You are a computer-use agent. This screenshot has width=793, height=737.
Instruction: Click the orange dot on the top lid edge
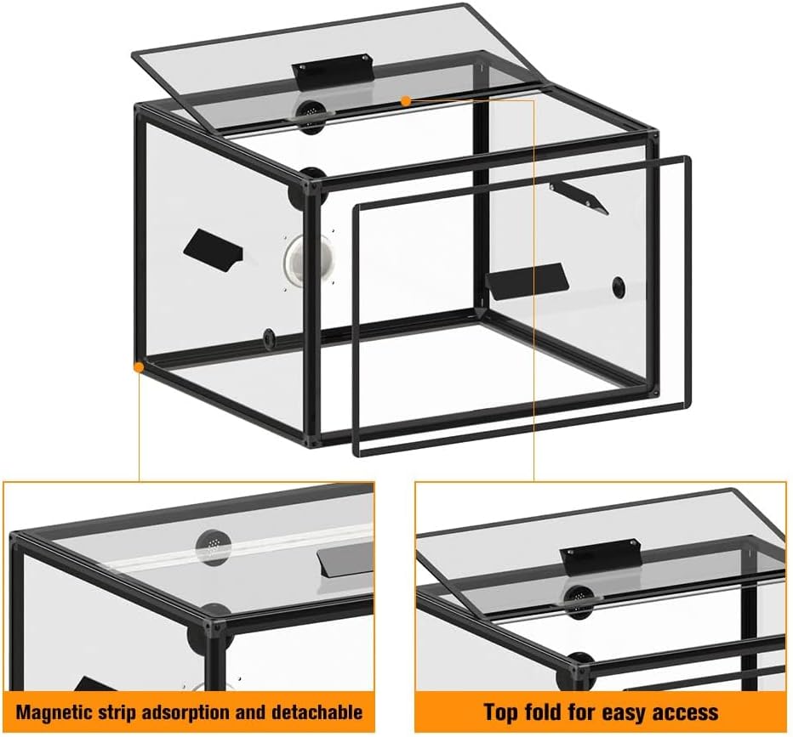point(405,101)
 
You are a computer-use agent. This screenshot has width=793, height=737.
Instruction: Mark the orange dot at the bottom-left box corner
point(139,366)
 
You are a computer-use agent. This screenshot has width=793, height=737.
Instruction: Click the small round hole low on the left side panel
point(269,336)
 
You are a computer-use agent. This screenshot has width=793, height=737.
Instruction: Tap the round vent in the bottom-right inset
point(580,598)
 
